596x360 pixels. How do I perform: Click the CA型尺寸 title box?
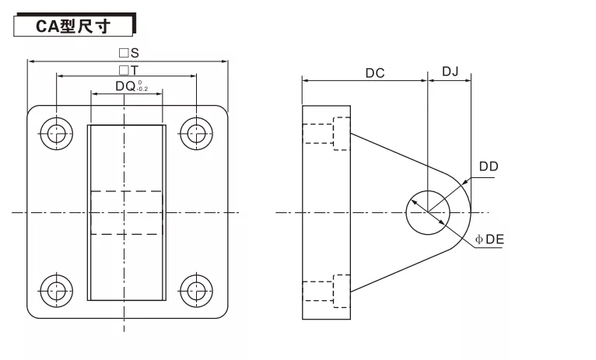74,25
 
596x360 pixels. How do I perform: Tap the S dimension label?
135,54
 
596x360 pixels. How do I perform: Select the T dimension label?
135,70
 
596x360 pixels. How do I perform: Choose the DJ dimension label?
450,72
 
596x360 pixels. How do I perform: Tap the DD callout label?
489,166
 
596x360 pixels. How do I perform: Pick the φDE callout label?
490,240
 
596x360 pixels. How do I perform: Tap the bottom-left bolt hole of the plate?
56,291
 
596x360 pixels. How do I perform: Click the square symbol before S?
124,54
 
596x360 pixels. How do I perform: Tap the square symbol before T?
124,70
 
